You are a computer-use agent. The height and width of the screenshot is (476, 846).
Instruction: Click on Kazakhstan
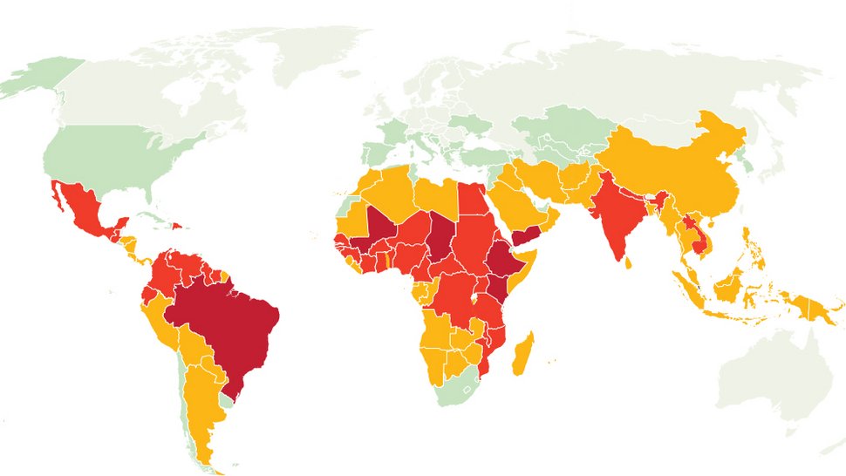[558, 131]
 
